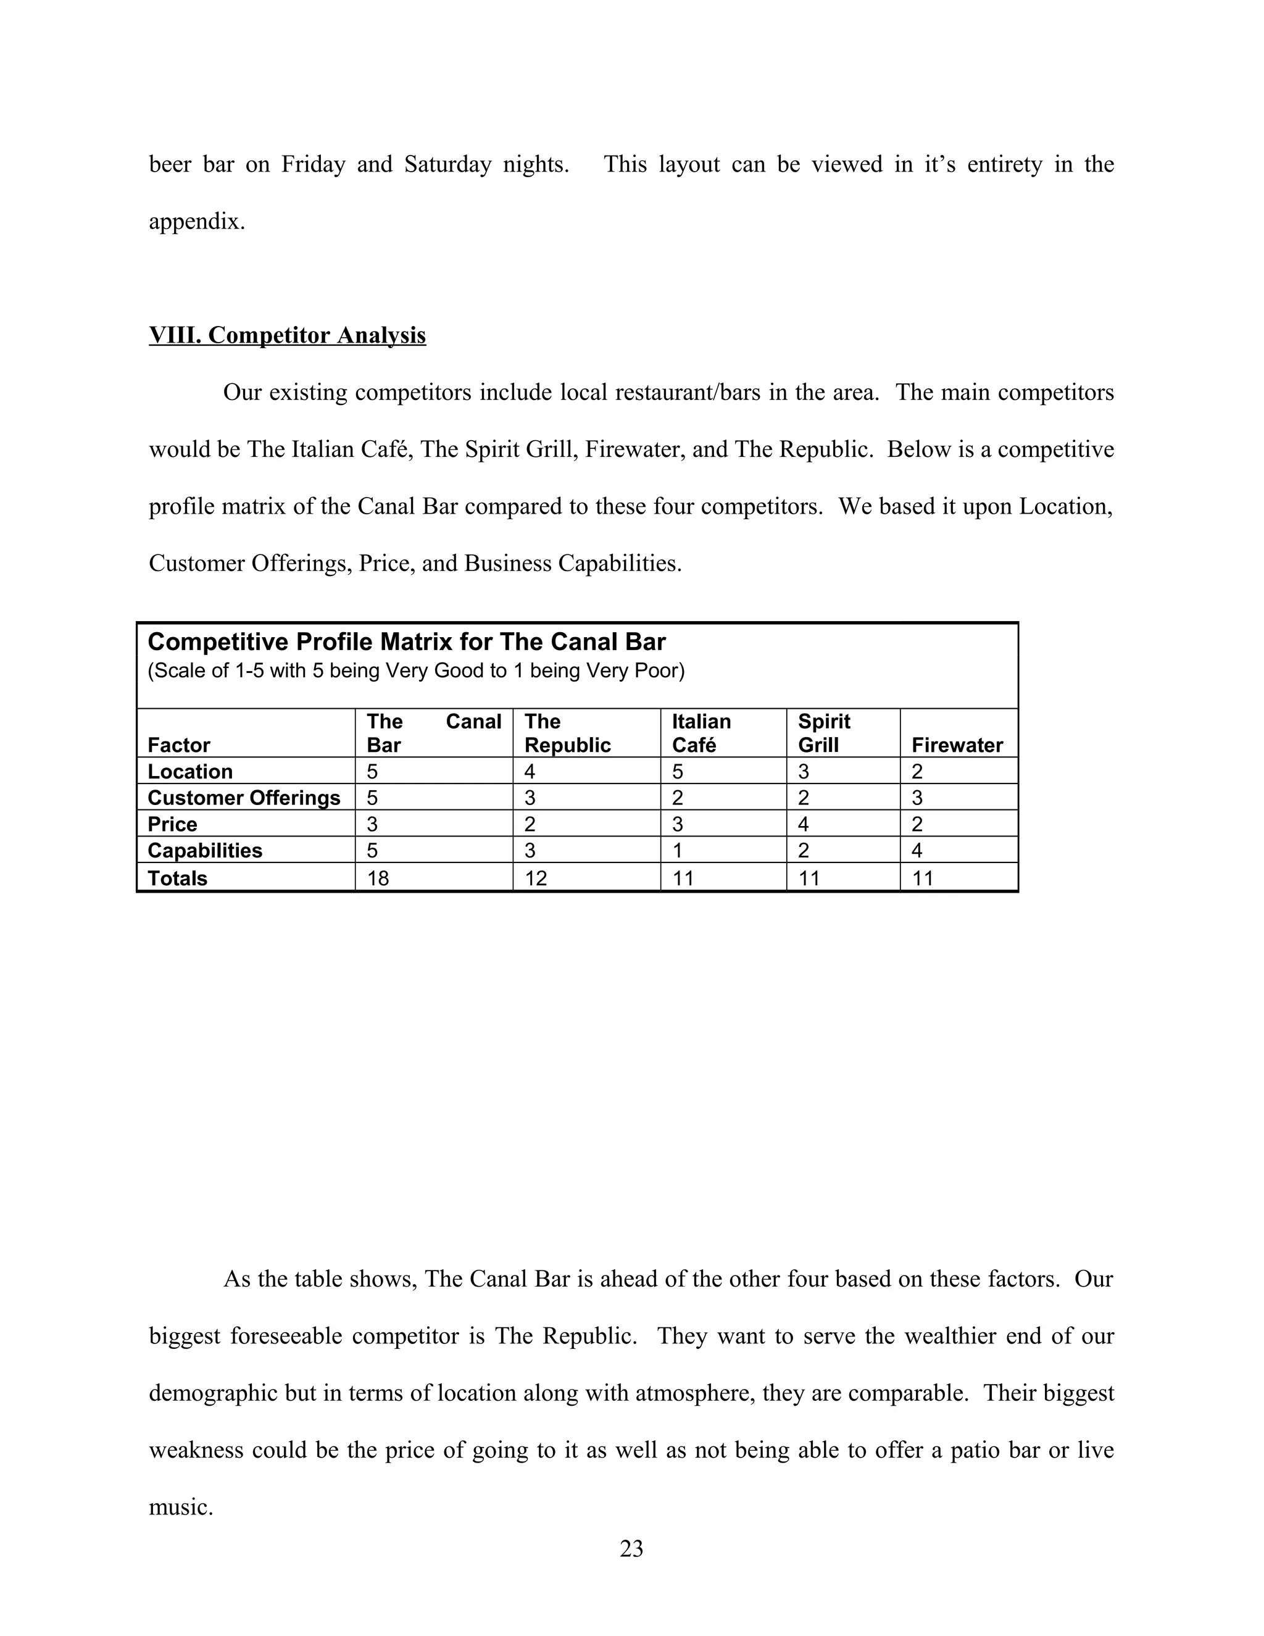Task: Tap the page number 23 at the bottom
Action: pyautogui.click(x=631, y=1548)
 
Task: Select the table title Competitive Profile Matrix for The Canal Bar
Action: pyautogui.click(x=406, y=642)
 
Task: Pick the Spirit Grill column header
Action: pyautogui.click(x=824, y=733)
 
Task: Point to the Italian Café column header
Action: pyautogui.click(x=701, y=733)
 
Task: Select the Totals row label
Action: pyautogui.click(x=178, y=878)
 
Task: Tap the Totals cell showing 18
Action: pyautogui.click(x=378, y=878)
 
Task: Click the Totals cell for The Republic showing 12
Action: pyautogui.click(x=536, y=878)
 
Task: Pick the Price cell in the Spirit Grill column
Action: pyautogui.click(x=804, y=824)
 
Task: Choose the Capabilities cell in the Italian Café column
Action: pyautogui.click(x=677, y=850)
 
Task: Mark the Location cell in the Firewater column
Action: pyautogui.click(x=917, y=772)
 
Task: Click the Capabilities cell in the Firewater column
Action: pyautogui.click(x=917, y=850)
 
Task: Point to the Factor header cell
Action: pyautogui.click(x=179, y=745)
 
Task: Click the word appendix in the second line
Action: pyautogui.click(x=196, y=222)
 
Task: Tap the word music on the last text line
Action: pyautogui.click(x=180, y=1506)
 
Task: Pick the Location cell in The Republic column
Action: pyautogui.click(x=530, y=772)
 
